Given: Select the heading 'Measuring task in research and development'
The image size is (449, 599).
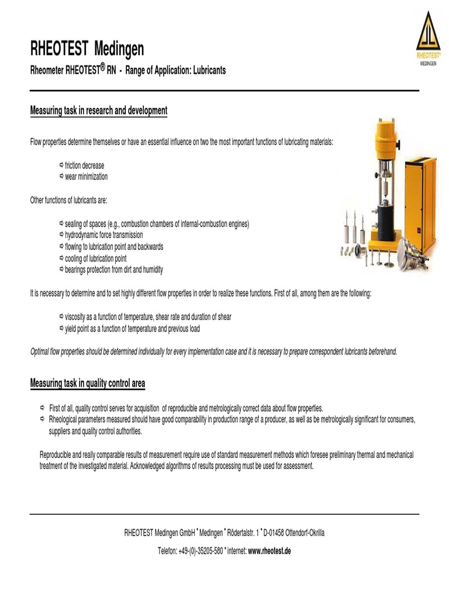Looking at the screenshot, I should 99,111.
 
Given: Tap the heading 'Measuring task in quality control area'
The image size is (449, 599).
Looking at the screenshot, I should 88,383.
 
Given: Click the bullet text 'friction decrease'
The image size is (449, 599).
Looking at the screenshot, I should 84,166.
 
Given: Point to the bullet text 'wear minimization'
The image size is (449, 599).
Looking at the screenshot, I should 86,177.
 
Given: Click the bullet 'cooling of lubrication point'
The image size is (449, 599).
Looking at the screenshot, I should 96,258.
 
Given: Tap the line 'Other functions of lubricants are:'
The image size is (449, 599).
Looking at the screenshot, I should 68,201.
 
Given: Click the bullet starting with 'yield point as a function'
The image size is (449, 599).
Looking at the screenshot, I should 132,329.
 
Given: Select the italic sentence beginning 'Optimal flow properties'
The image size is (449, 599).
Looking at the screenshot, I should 213,351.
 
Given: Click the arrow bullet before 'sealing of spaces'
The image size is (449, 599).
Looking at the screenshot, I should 62,223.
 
